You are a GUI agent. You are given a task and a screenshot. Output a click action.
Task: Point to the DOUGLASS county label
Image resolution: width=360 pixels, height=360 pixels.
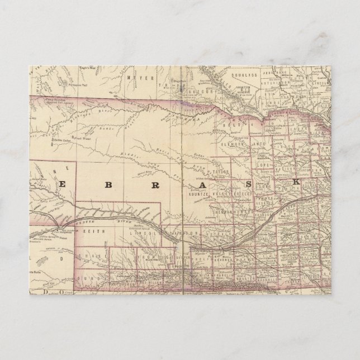(244, 74)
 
